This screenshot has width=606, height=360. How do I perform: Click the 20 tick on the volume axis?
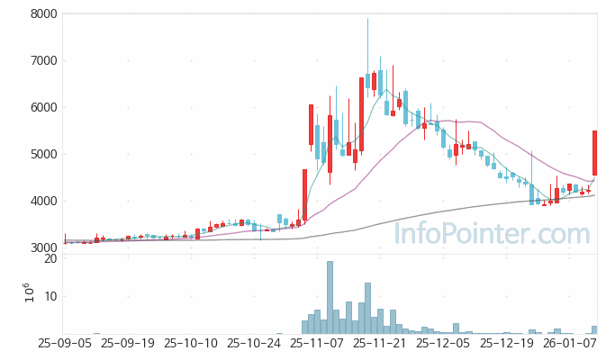50,259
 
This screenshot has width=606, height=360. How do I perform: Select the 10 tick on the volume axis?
50,297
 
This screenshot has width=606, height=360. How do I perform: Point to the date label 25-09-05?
64,344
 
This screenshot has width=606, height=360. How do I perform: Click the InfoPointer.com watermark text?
493,235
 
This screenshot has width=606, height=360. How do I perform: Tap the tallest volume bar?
330,298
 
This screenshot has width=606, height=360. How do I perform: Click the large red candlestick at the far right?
594,153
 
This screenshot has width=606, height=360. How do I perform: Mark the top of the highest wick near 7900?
367,20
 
